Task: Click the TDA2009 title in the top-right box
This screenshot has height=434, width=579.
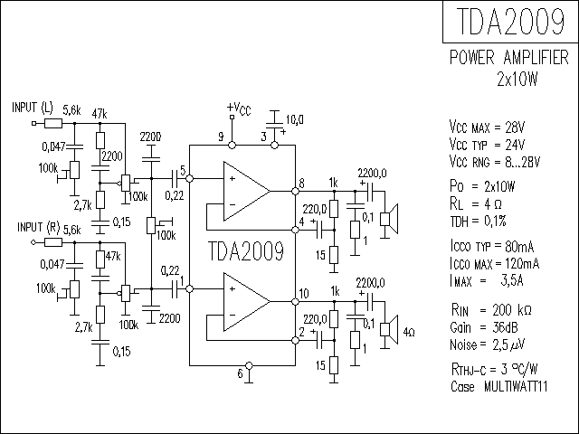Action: click(x=510, y=21)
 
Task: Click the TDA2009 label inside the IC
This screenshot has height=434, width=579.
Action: click(x=246, y=251)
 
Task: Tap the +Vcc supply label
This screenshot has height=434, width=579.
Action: click(x=239, y=108)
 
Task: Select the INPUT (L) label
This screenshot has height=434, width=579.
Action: click(x=33, y=108)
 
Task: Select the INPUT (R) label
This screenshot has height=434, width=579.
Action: click(x=38, y=227)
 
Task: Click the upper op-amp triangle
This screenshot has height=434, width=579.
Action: click(x=247, y=191)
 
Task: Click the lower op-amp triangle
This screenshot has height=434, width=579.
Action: click(x=247, y=302)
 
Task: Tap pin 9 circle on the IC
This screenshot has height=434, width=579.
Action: click(x=232, y=145)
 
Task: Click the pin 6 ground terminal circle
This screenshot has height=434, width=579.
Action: click(x=249, y=365)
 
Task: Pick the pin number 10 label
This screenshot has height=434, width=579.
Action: click(x=304, y=293)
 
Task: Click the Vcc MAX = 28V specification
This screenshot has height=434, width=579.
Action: click(x=487, y=127)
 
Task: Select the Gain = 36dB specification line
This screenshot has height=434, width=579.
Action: click(x=484, y=327)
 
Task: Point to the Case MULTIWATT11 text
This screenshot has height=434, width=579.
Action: click(x=498, y=386)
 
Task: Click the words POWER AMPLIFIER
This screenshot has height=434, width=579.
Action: click(x=508, y=58)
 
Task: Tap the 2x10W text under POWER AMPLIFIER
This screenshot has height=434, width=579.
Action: click(x=517, y=79)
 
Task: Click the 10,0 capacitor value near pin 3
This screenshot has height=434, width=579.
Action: click(x=295, y=119)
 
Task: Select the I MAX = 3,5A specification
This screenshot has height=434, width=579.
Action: click(x=487, y=281)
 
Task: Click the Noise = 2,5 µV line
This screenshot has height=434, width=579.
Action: click(x=487, y=344)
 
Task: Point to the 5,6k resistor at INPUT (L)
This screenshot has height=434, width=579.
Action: click(x=53, y=123)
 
